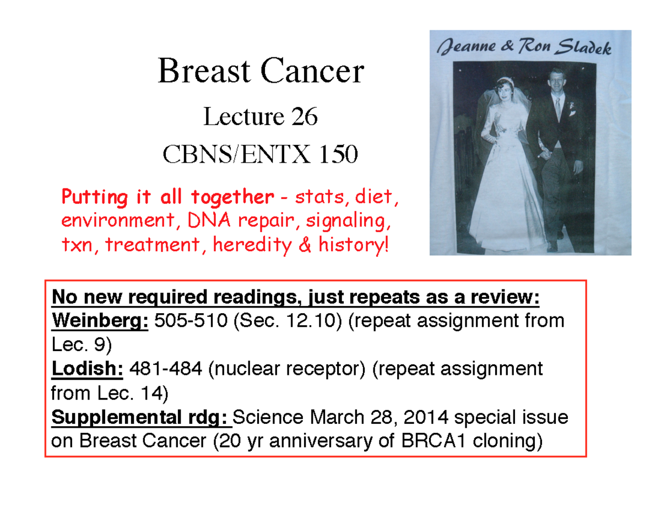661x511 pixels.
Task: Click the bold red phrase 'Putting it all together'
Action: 167,197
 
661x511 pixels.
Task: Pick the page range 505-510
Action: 188,320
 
